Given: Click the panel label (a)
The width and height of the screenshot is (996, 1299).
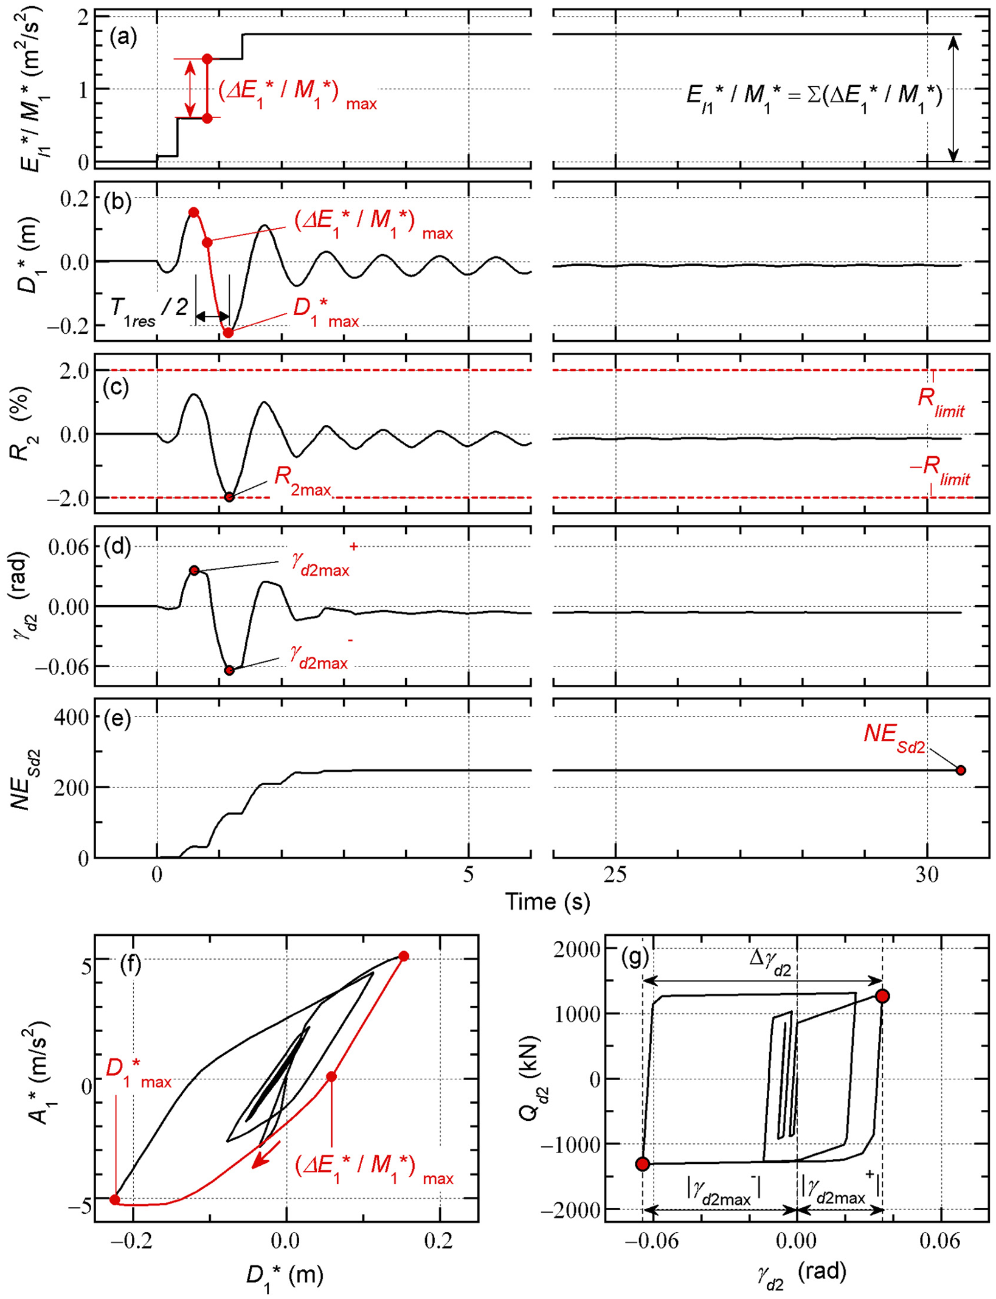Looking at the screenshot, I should click(x=123, y=38).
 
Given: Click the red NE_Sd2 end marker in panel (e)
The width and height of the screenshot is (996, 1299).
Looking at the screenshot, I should click(x=961, y=770).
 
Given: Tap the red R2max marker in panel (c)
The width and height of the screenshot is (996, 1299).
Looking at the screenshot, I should click(x=229, y=497).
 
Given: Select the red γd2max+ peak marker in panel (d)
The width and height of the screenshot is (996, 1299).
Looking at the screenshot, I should click(x=194, y=570).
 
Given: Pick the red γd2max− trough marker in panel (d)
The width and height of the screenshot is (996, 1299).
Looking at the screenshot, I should click(x=229, y=670).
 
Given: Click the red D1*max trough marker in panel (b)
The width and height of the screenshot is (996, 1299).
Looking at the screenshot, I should click(x=228, y=333).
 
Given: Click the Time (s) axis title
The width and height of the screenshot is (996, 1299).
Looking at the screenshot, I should click(x=547, y=901).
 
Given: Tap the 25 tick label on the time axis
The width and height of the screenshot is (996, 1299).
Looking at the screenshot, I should click(x=615, y=875).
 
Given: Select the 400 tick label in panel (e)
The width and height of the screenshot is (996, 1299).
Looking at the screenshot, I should click(x=71, y=717).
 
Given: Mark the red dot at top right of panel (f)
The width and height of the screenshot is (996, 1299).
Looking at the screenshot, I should click(x=403, y=956).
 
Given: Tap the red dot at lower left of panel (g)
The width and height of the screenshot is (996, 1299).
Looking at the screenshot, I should click(x=643, y=1164).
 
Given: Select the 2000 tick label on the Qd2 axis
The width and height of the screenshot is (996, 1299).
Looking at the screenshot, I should click(x=577, y=949).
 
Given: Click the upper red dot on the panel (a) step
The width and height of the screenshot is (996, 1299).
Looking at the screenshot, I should click(x=207, y=59).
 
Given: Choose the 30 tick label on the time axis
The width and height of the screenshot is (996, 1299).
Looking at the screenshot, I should click(x=927, y=875).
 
